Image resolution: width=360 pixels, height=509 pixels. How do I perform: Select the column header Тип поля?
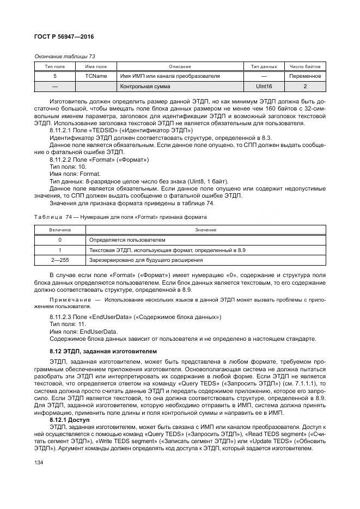54,66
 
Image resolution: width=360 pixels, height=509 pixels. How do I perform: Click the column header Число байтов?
305,66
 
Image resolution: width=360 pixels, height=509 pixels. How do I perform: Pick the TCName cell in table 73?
96,76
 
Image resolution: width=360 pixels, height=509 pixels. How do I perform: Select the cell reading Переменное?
305,76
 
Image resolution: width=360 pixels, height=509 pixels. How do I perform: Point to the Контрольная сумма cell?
145,87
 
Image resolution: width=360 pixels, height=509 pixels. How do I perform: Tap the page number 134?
39,461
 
